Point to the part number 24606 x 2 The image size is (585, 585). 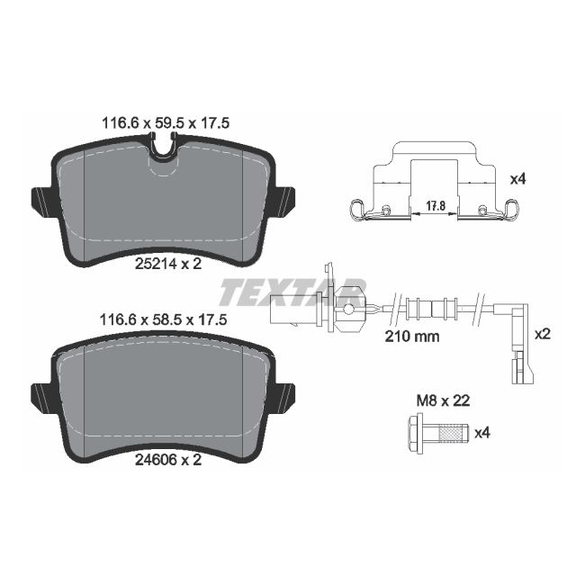point(162,458)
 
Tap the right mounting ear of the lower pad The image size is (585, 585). point(284,393)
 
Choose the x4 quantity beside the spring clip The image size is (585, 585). point(517,179)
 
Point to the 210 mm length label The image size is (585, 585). point(411,337)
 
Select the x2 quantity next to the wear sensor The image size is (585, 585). point(542,333)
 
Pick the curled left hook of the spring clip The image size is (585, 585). point(356,212)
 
